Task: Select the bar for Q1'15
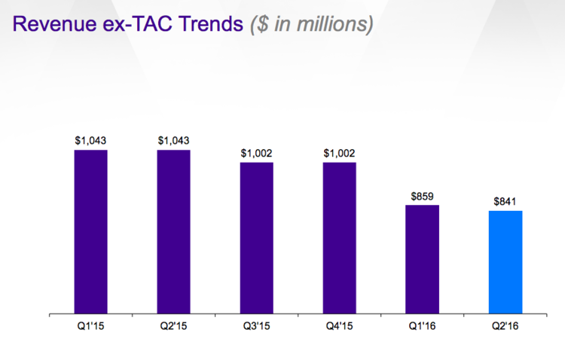point(90,231)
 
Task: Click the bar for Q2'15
point(173,231)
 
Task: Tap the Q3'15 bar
point(256,237)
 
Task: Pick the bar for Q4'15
point(339,237)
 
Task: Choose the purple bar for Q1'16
point(422,259)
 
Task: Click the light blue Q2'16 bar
point(505,262)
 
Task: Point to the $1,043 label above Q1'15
point(90,140)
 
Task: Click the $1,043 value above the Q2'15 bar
point(173,140)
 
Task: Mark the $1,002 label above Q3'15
point(256,153)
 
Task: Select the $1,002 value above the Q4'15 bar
point(339,153)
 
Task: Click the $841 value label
point(505,201)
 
